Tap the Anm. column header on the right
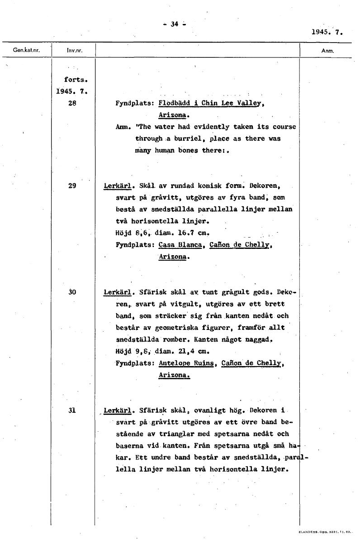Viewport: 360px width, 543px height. click(327, 51)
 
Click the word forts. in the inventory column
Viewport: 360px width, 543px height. click(72, 80)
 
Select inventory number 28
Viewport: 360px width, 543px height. click(72, 103)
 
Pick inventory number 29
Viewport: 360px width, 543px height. click(72, 186)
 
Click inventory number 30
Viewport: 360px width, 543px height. click(72, 292)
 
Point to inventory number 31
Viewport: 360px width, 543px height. click(72, 410)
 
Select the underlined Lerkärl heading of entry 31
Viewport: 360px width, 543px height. click(117, 411)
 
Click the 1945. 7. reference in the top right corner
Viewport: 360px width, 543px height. click(327, 32)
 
